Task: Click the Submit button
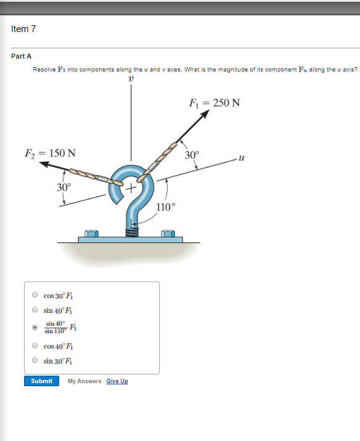(42, 381)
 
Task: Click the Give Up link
(117, 381)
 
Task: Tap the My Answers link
(84, 381)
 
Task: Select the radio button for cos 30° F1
(35, 295)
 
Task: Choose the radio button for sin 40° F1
(35, 310)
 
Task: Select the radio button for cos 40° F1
(35, 346)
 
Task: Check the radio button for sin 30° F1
(35, 360)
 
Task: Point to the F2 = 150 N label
(51, 153)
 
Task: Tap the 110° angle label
(166, 206)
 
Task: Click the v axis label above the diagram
(131, 78)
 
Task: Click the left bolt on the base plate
(91, 235)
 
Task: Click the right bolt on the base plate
(167, 235)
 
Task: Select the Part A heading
(21, 56)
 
